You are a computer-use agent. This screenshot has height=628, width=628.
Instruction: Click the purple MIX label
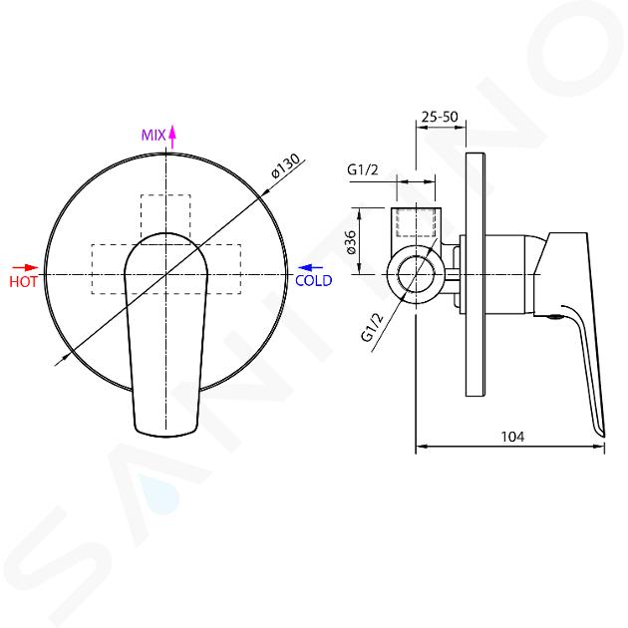pos(154,135)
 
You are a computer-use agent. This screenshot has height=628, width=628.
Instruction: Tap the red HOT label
pos(23,281)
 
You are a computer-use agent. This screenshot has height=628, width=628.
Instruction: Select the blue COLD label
pos(314,280)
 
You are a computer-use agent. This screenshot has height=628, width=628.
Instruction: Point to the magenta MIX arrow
pos(172,137)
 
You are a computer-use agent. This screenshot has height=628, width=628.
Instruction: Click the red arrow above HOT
pos(25,267)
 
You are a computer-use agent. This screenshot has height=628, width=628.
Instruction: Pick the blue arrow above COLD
pos(311,267)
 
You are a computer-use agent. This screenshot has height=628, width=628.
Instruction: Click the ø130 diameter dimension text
pos(285,165)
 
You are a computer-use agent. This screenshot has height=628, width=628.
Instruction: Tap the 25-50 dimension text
pos(440,117)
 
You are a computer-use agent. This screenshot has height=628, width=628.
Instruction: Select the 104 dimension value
pos(512,437)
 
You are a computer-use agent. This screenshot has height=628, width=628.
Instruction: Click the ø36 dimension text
pos(351,242)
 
